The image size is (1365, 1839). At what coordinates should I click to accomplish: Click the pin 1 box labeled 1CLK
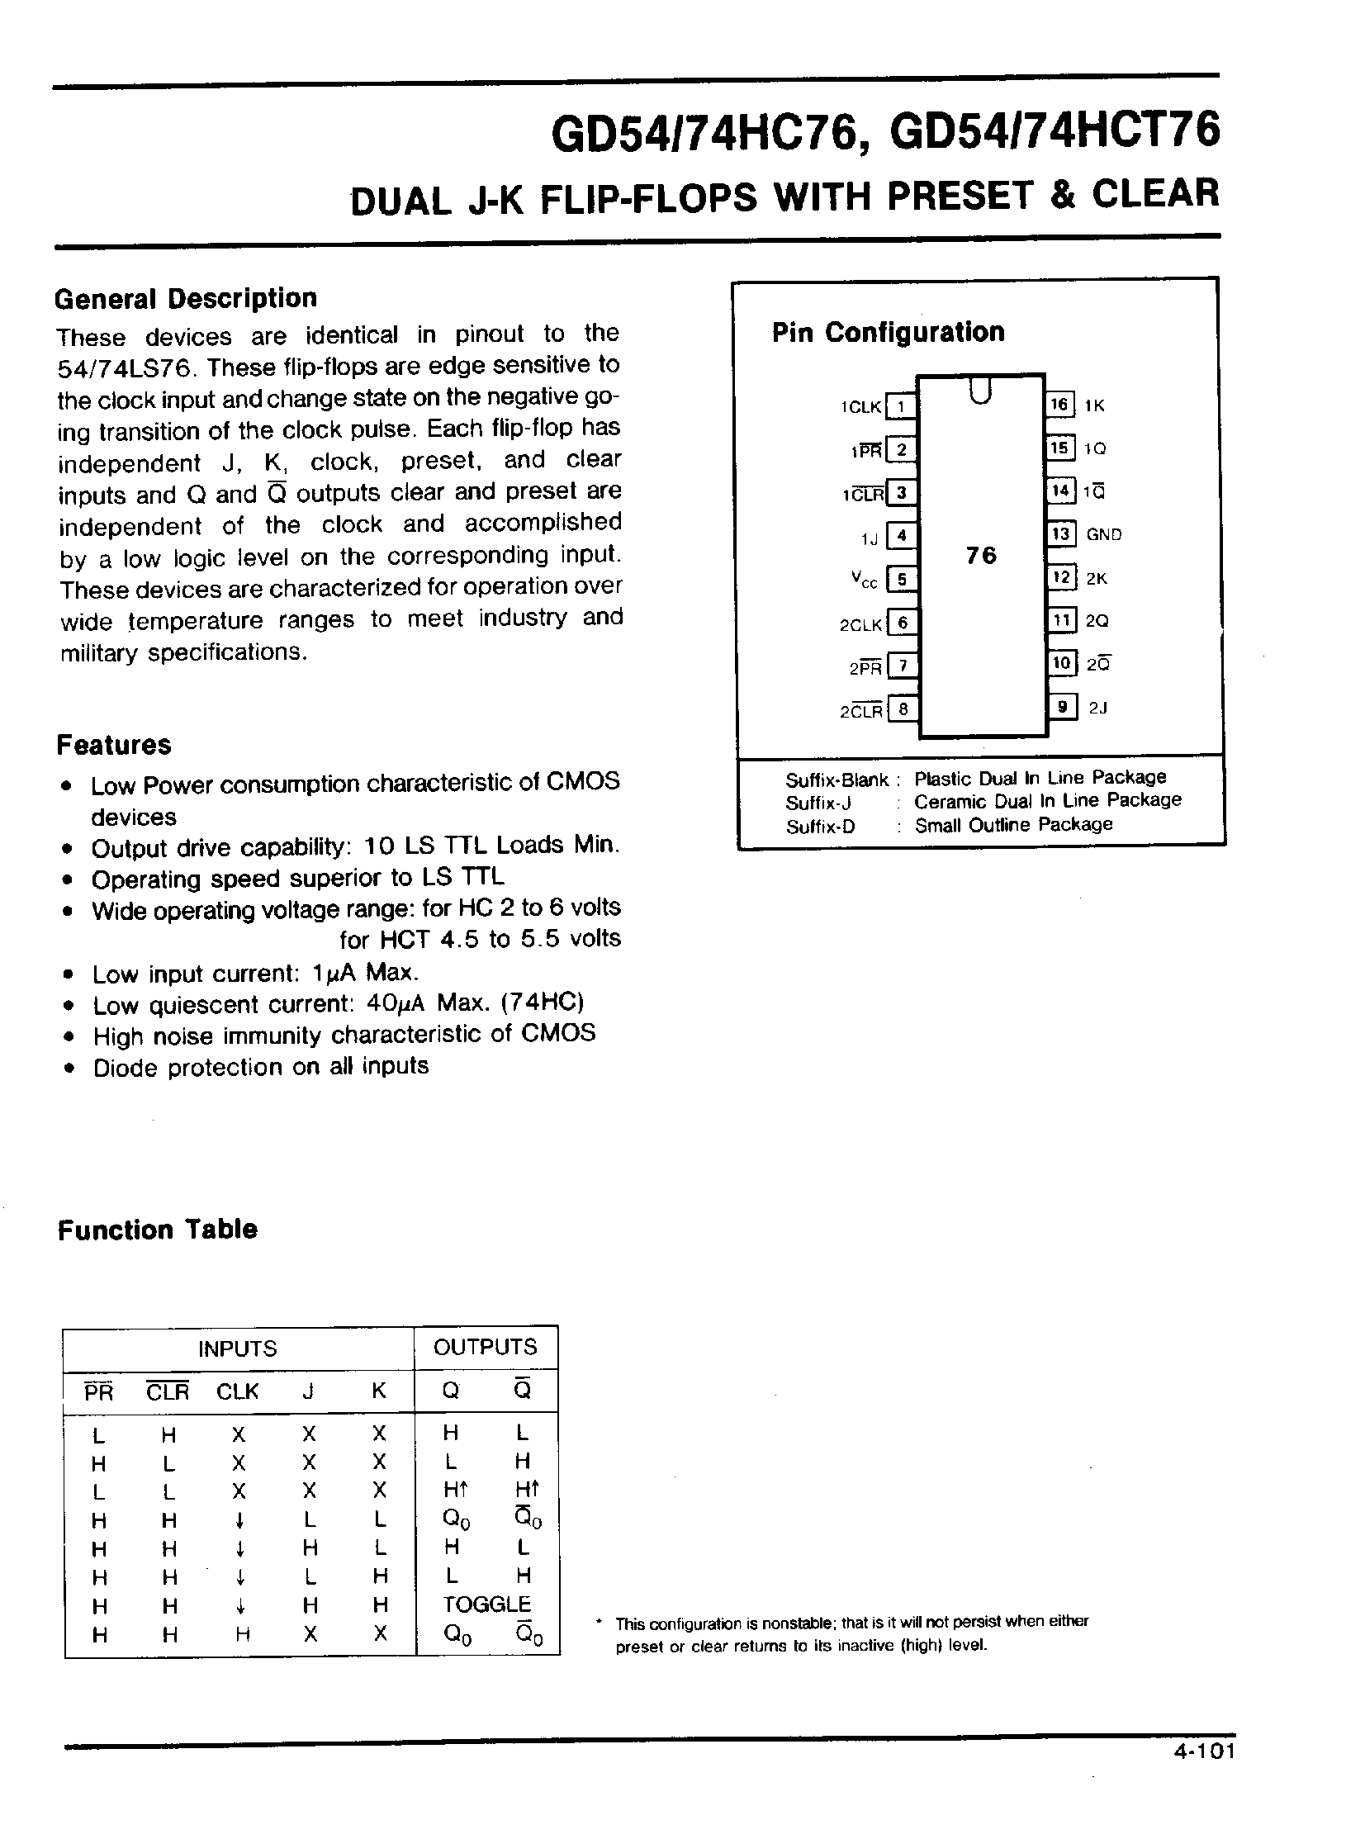coord(902,406)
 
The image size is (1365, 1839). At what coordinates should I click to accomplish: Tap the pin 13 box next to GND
coord(1060,533)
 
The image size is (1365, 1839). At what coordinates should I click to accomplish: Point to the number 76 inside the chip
coord(981,555)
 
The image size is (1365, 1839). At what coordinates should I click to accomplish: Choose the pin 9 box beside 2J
coord(1063,707)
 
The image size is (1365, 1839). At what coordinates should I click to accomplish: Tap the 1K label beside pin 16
coord(1094,405)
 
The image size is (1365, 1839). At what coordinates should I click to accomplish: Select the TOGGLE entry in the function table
coord(486,1604)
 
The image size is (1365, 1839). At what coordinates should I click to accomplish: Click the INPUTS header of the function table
coord(237,1348)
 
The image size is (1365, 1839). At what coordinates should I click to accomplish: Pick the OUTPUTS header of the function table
coord(485,1348)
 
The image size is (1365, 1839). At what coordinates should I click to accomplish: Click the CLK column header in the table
coord(237,1392)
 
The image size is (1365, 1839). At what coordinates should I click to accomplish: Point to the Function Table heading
coord(157,1230)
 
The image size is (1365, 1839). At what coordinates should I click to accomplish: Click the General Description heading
coord(186,298)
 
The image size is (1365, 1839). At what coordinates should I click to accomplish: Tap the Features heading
coord(114,745)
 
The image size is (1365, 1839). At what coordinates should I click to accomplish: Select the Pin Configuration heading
coord(889,332)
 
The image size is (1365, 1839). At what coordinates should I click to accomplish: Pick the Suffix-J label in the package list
coord(818,803)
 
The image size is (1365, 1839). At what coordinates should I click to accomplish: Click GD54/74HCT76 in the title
coord(1055,130)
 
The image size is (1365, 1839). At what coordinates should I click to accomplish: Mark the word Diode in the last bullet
coord(126,1069)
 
